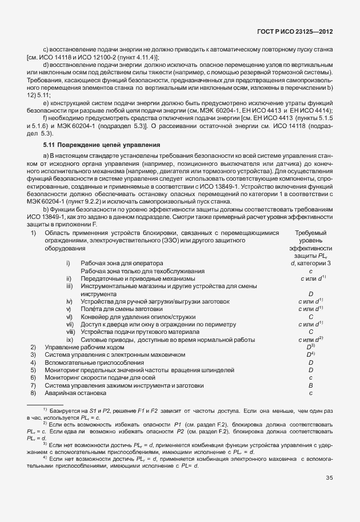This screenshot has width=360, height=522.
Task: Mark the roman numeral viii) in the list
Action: (x=71, y=332)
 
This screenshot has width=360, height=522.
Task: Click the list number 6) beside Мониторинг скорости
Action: (x=33, y=378)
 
